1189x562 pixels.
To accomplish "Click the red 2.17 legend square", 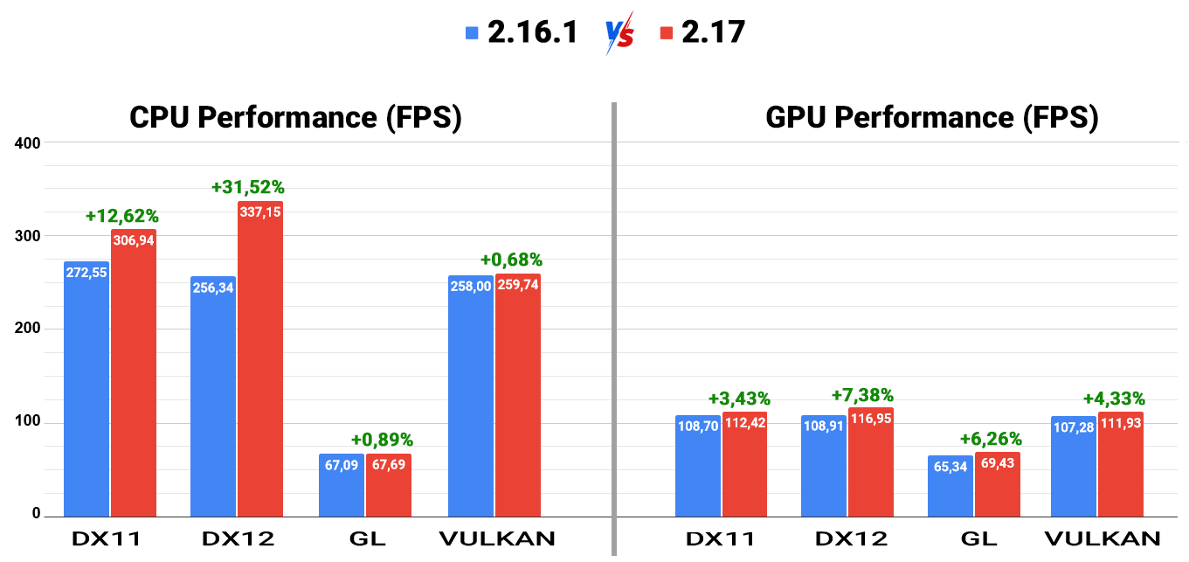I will tap(667, 33).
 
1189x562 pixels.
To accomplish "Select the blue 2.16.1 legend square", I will tap(473, 33).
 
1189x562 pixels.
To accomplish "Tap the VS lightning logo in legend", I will tap(619, 33).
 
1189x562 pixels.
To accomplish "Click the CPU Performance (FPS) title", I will tap(295, 117).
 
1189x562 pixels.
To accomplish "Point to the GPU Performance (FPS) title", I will tap(931, 117).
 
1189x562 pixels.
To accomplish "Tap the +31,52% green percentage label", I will tap(248, 187).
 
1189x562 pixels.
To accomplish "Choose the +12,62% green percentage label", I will tap(122, 216).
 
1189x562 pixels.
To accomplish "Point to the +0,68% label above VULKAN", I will tap(511, 260).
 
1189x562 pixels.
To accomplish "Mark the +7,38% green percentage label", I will tap(862, 396).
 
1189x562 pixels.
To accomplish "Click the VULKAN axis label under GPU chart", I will tap(1103, 538).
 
